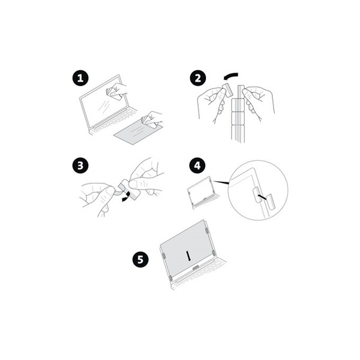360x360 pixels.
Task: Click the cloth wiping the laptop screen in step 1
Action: pos(112,91)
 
